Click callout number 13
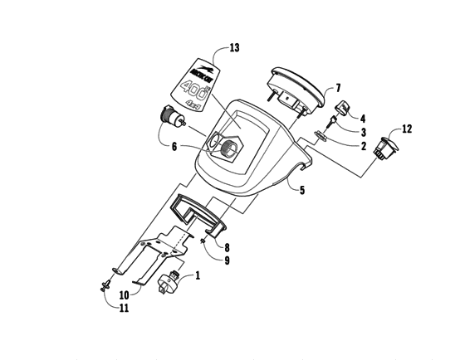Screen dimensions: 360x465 point(234,47)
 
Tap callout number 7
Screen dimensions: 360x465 point(338,88)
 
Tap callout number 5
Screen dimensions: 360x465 point(301,191)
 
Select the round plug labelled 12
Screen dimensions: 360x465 point(384,148)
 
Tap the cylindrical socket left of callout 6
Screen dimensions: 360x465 point(171,118)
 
